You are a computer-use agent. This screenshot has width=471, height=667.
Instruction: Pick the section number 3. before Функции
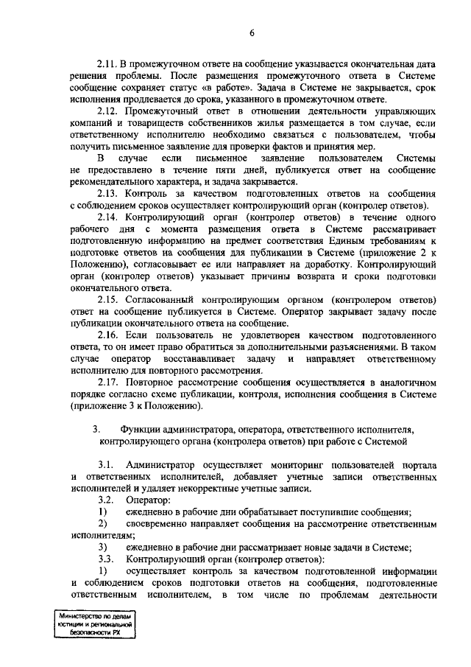(96, 429)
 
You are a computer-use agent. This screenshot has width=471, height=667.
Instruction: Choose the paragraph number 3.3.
(105, 559)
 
